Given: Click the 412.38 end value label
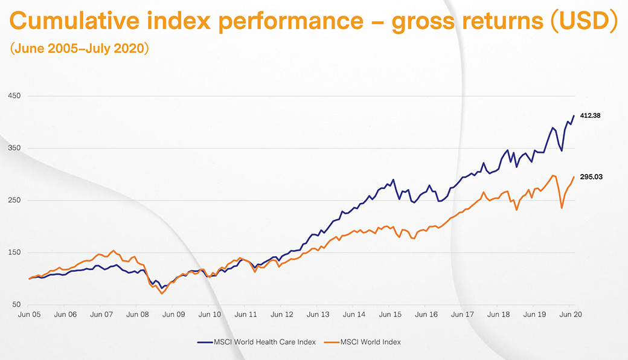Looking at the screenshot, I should coord(591,115).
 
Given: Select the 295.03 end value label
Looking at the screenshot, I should coord(591,177).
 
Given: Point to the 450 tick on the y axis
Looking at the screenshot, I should coord(14,96).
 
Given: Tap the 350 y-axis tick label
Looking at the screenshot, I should coord(14,149).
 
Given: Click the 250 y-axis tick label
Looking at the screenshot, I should coord(14,201).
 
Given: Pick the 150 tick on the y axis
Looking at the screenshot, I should coord(14,252).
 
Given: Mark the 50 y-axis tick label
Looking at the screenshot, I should coord(16,305).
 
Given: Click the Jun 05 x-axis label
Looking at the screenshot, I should coord(29,315).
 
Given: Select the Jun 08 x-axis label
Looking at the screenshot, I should coord(137,315).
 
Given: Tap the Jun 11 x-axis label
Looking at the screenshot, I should coord(245,315).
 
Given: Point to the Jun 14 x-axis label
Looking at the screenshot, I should coord(354,315).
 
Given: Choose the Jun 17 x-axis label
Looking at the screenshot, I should coord(462,315).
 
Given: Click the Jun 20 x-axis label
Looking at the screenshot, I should coord(569,315).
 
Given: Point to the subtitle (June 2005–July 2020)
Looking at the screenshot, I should coord(79,49).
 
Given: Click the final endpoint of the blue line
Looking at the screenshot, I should coord(574,116).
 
